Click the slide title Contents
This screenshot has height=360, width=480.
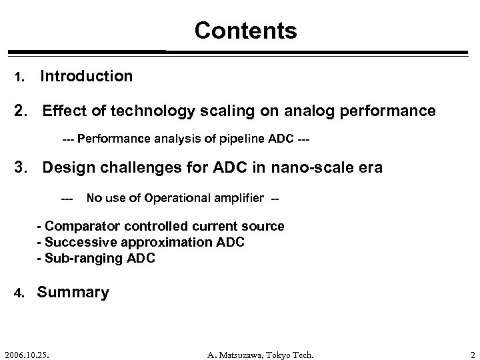tap(245, 30)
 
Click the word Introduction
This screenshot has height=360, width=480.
tap(87, 77)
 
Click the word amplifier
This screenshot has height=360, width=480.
tap(236, 197)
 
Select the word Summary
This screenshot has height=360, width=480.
tap(73, 292)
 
